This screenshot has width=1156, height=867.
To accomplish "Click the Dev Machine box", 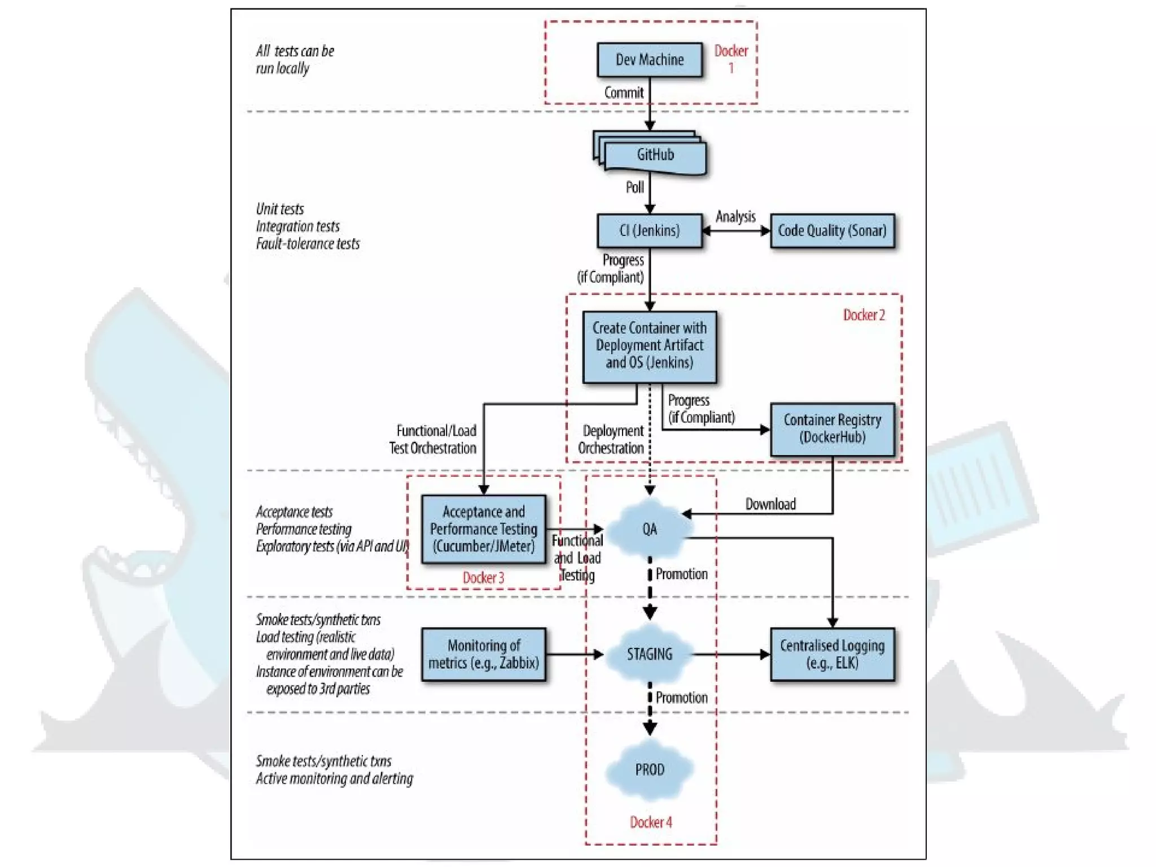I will [x=650, y=60].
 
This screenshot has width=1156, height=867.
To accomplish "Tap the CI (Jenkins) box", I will [x=650, y=231].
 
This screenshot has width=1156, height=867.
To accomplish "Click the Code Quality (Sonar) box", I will [x=832, y=231].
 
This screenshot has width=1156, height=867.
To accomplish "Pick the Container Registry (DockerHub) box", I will [x=832, y=429].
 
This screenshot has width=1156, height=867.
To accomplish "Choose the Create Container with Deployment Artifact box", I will [x=650, y=346].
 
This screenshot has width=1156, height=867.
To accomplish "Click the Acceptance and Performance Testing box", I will [x=484, y=529].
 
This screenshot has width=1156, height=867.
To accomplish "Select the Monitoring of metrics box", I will [x=484, y=655].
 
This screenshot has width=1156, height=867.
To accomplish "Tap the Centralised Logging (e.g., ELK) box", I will [x=832, y=655].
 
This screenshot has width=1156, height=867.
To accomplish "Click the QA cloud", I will [x=650, y=529].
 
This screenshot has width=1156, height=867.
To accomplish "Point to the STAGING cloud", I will [x=650, y=655].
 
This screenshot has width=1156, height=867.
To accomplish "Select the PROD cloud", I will [x=650, y=770].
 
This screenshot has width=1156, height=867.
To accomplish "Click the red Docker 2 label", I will [x=864, y=316].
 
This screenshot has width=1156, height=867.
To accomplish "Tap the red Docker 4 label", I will [x=651, y=822].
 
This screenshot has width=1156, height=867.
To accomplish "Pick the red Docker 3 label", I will [x=483, y=578].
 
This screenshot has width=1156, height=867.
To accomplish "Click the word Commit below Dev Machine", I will [x=624, y=93].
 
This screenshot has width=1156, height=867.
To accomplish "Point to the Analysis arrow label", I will [x=735, y=217].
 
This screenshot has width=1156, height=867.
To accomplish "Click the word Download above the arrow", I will [x=770, y=504].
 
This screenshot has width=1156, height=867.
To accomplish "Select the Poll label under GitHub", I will [x=634, y=187].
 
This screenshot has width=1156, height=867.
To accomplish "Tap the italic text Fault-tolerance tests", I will [x=308, y=244].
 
